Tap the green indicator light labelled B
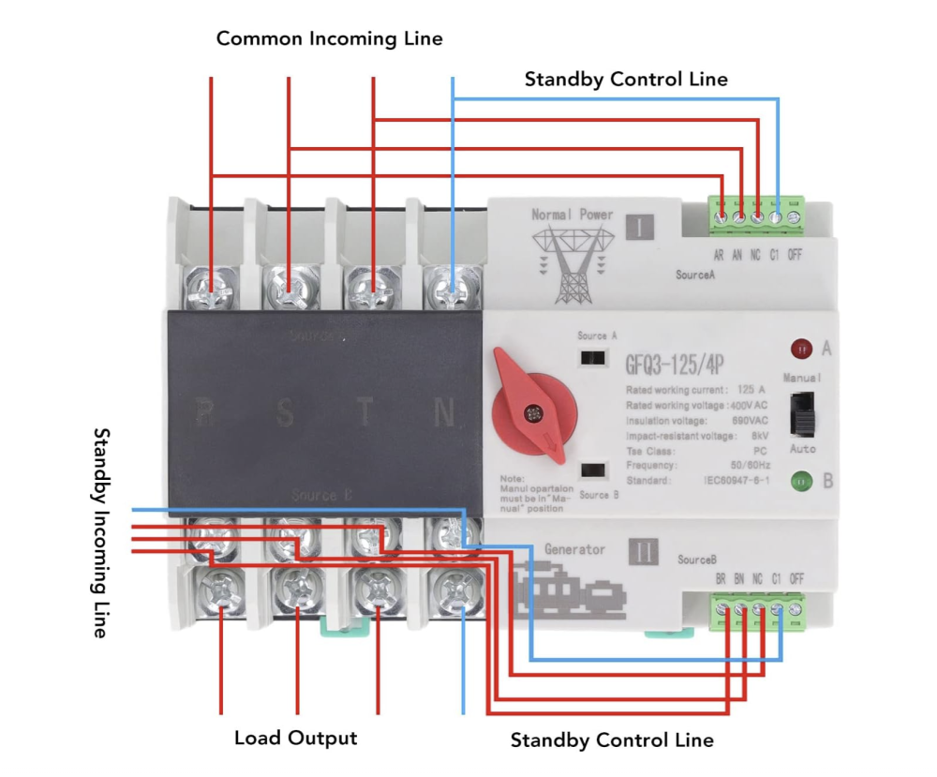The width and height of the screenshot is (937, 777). (x=802, y=482)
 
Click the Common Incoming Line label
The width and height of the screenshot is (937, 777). (x=329, y=38)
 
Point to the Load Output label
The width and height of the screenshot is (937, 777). (x=295, y=738)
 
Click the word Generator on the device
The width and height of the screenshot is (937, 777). (x=574, y=549)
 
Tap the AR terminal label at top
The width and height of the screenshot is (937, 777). (x=719, y=254)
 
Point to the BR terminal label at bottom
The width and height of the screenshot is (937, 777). (x=721, y=579)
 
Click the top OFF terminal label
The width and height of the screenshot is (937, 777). (x=796, y=254)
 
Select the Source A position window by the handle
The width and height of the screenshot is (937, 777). (x=593, y=357)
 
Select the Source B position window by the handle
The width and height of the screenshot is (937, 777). (x=593, y=471)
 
